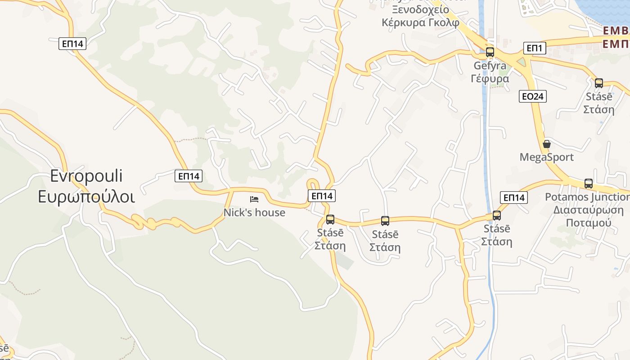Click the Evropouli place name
[86, 176]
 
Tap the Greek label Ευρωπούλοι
[86, 197]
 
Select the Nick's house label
[254, 212]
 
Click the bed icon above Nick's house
[254, 199]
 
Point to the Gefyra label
[490, 66]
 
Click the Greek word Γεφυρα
[490, 79]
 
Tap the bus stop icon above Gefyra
[490, 52]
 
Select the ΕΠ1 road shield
[535, 48]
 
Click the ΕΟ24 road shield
[532, 96]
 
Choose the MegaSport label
[546, 157]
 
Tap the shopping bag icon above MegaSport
[547, 144]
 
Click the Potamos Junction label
[587, 197]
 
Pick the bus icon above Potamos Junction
[588, 184]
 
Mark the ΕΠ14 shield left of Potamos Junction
[513, 198]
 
